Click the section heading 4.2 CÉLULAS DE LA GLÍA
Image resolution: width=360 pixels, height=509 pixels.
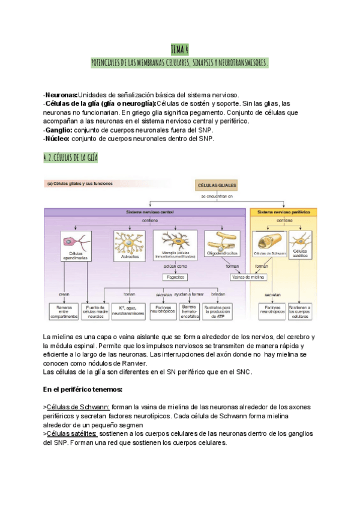point(71,158)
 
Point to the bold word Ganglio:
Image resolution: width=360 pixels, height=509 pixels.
point(58,130)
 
